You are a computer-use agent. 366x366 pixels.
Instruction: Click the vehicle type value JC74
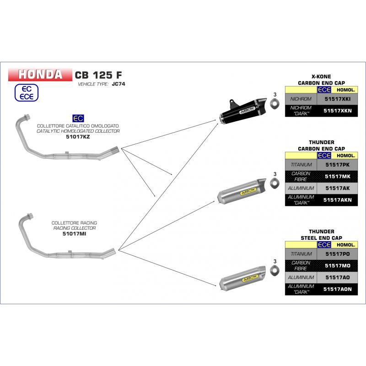tap(117, 85)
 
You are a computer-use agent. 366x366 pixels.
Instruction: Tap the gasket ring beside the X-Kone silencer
tap(274, 103)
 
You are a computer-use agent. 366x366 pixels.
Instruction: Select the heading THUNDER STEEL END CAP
tap(321, 235)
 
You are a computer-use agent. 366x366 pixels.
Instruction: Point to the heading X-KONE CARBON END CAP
tap(321, 80)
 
